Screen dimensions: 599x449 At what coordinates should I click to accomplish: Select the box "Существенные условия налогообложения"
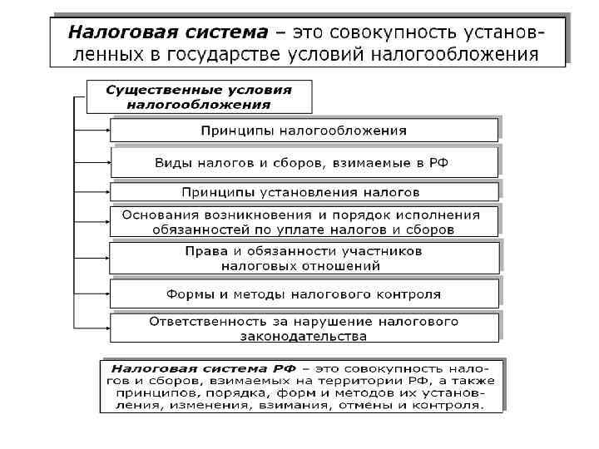(200, 96)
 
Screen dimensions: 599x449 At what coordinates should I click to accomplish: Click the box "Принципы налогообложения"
(304, 131)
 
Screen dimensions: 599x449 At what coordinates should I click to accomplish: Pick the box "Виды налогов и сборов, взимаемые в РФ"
(304, 162)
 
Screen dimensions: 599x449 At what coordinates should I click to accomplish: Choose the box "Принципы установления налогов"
(304, 192)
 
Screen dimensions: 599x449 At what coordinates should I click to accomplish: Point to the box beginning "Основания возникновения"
(304, 221)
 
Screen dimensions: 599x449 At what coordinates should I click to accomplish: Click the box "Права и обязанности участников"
(304, 258)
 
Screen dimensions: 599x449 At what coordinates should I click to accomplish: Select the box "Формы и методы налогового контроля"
(304, 294)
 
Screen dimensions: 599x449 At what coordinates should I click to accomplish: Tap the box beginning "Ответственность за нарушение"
(304, 328)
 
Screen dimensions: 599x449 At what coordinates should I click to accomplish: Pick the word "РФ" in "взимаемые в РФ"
(438, 162)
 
